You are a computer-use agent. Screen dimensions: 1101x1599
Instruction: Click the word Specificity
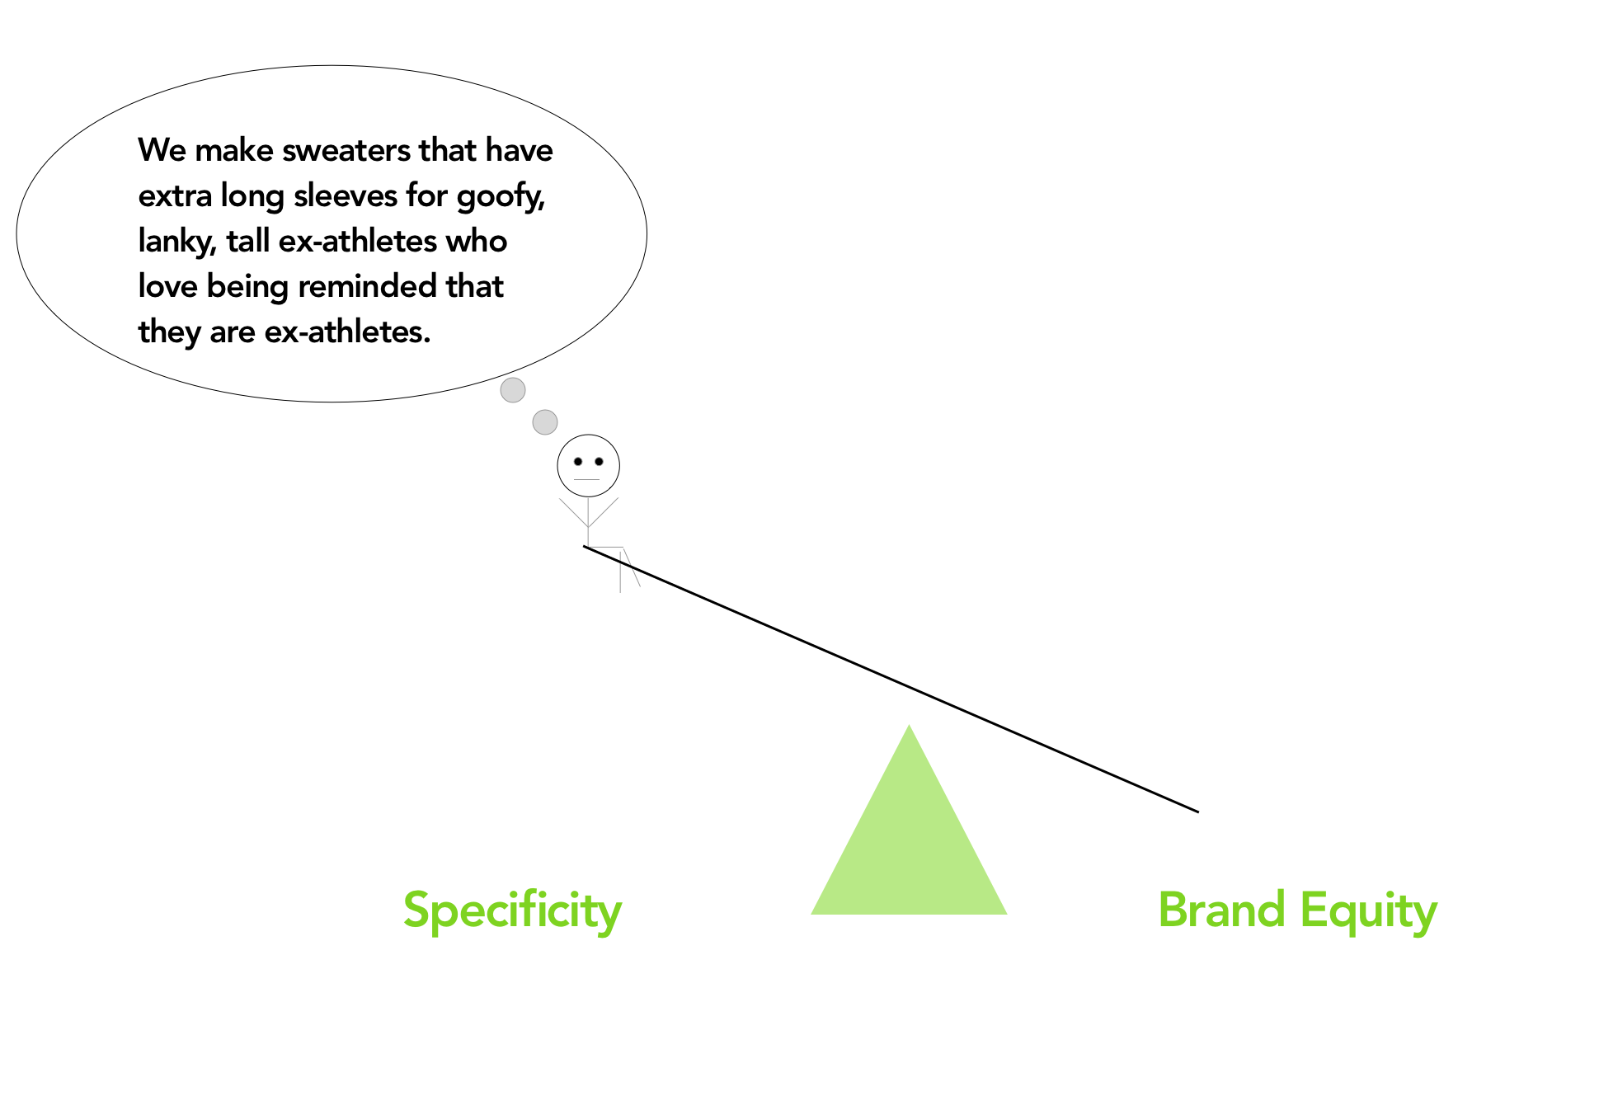(x=512, y=910)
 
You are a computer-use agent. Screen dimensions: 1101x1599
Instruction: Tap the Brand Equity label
(x=1297, y=910)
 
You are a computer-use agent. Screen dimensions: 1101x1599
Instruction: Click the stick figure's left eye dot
(x=578, y=462)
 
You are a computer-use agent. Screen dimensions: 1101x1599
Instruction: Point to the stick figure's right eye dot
(x=599, y=462)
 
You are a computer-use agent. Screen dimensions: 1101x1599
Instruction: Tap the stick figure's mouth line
(x=586, y=479)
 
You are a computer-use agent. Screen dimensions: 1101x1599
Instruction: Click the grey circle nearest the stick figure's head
(x=545, y=422)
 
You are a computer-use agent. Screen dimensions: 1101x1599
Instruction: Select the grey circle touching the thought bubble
(x=513, y=390)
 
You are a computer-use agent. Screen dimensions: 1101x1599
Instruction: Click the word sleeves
(x=346, y=196)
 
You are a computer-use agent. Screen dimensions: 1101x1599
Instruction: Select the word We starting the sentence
(x=162, y=151)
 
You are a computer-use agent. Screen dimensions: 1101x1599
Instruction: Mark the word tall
(x=248, y=242)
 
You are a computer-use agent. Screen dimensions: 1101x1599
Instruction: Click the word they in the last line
(x=169, y=332)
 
